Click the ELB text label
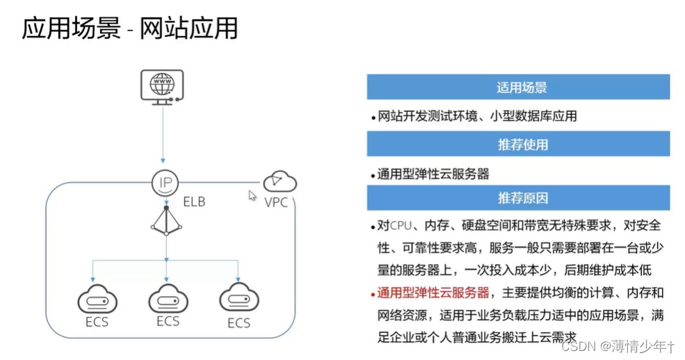point(194,202)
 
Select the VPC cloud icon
point(280,182)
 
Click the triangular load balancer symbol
point(166,222)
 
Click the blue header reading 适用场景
point(518,88)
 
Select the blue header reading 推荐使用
point(518,145)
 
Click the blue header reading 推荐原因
point(518,198)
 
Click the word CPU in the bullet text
point(401,226)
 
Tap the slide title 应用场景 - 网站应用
point(130,28)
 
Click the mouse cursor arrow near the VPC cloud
point(253,195)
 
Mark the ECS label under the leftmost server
point(97,323)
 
